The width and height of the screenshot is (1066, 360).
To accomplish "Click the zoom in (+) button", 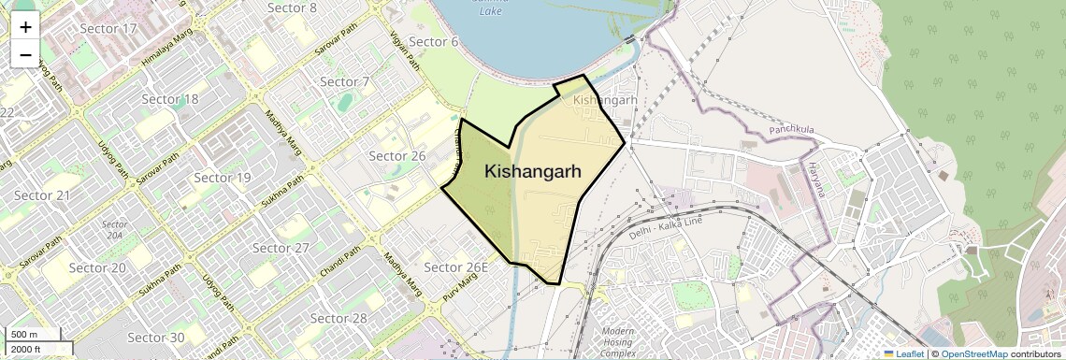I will [x=25, y=26].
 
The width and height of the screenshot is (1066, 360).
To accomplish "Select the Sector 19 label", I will [x=223, y=178].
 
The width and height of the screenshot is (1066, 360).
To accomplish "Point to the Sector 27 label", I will [x=281, y=248].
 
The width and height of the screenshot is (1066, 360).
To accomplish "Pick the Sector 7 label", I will [x=345, y=81].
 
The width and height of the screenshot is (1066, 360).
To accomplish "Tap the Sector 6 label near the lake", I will [x=434, y=41].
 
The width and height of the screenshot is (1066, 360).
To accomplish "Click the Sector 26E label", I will [x=456, y=267].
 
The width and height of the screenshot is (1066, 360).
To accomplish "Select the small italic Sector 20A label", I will [x=114, y=230].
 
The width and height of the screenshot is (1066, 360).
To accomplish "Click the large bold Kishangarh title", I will [x=533, y=172].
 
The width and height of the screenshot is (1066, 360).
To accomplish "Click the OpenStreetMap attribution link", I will [x=974, y=353].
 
